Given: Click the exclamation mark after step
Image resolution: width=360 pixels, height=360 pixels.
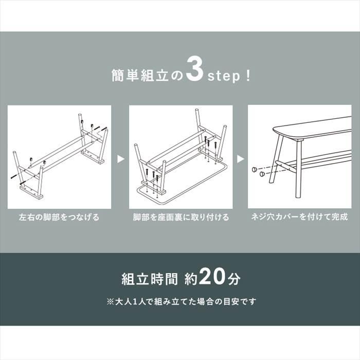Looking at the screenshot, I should coord(249,76).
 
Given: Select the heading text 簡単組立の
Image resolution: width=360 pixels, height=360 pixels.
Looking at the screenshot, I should coord(147,76).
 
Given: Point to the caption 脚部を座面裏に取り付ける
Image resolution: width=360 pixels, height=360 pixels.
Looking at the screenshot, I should coord(180,217).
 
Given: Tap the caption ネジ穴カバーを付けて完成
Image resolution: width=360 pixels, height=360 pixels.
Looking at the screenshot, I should coord(299,217).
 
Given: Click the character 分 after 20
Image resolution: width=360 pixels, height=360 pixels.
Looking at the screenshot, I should coord(234,279).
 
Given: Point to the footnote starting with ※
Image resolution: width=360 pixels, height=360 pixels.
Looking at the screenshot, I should coord(180,301).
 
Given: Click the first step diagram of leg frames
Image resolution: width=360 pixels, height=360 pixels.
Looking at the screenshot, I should coord(59,157).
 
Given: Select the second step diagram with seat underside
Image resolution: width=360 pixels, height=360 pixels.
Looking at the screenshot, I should coord(180,157).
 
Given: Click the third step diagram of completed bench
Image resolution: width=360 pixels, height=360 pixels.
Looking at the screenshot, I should coord(299,157).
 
